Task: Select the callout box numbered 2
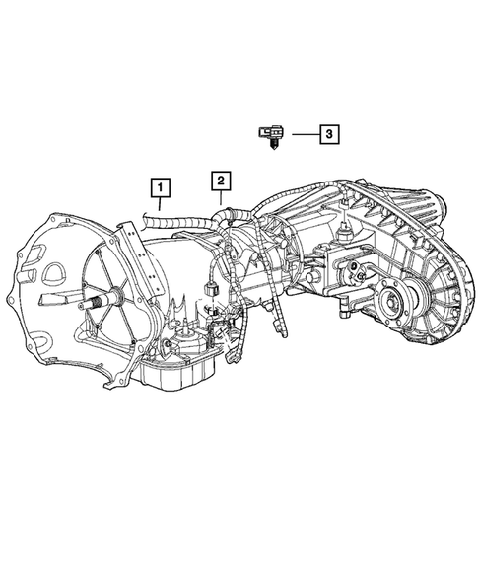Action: click(x=220, y=179)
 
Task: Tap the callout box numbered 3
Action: click(x=328, y=131)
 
